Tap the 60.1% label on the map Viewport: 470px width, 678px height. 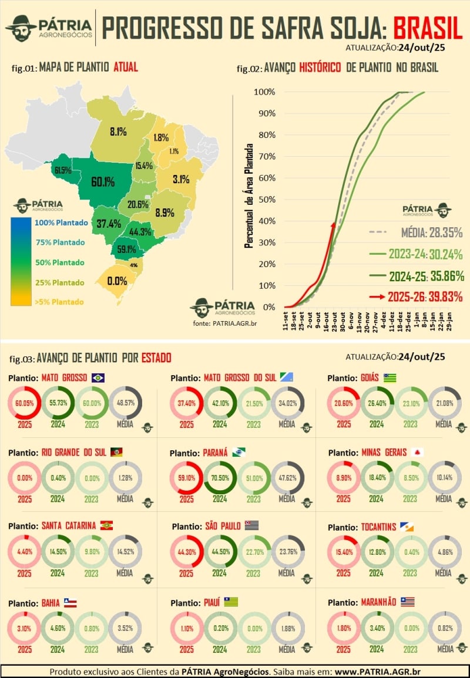click(x=102, y=182)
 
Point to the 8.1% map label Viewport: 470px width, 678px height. click(x=117, y=131)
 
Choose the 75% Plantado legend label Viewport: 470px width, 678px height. click(x=59, y=242)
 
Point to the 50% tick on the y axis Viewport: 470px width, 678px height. click(x=265, y=200)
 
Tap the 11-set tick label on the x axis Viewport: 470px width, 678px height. click(x=286, y=323)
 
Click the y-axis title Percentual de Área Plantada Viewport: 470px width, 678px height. click(x=249, y=195)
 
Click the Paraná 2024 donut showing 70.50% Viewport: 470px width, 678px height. click(x=220, y=478)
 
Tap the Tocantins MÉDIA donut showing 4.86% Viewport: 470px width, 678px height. click(x=444, y=552)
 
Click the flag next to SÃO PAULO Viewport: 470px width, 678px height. click(x=252, y=525)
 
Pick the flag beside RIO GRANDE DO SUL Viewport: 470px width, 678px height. click(x=116, y=451)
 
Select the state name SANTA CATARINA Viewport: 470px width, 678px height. click(x=68, y=525)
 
